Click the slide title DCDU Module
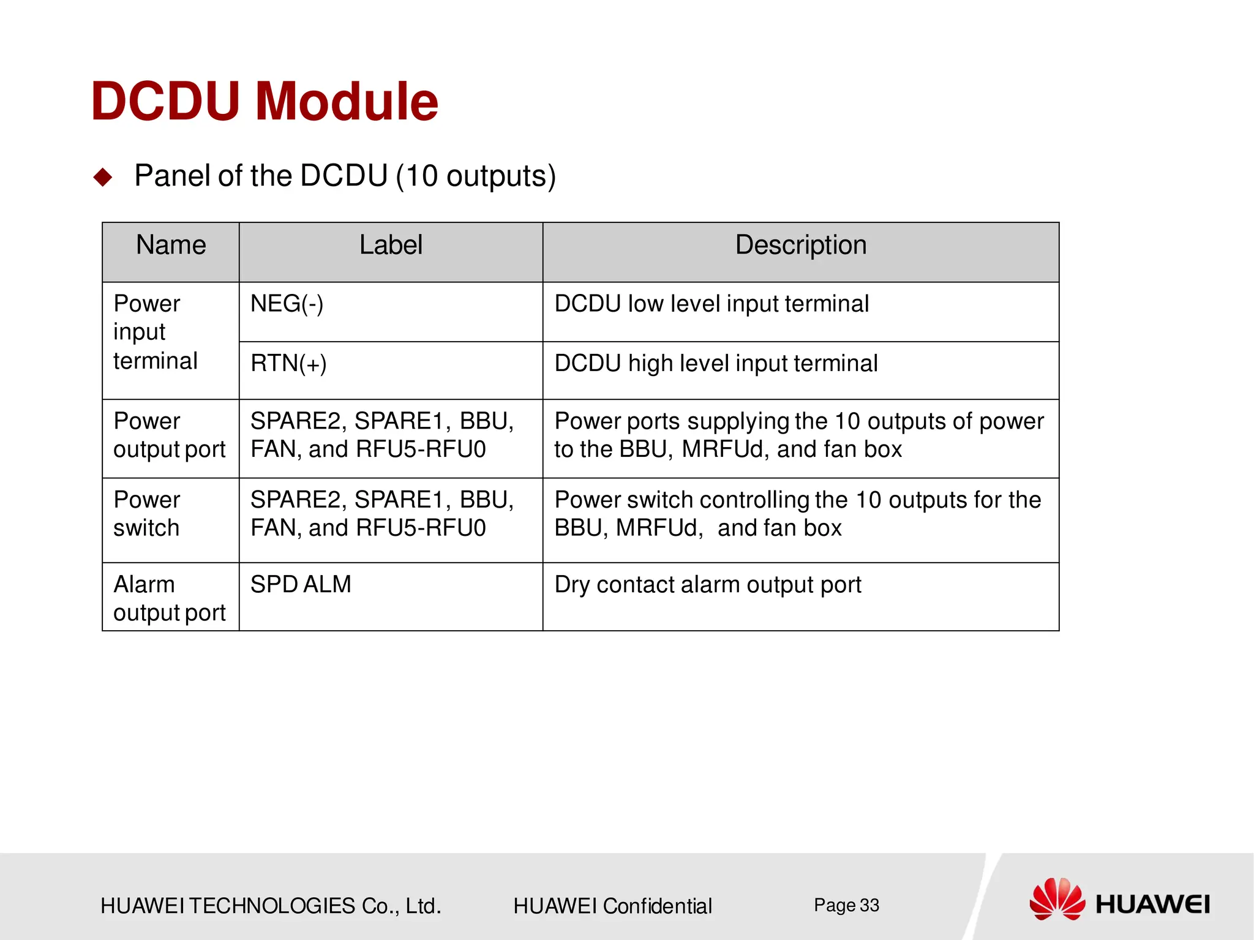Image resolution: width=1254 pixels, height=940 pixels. [x=265, y=102]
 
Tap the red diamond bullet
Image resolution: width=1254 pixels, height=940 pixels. [x=103, y=178]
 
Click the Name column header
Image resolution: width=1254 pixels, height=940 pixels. [x=171, y=246]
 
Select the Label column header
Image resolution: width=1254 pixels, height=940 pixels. [x=391, y=246]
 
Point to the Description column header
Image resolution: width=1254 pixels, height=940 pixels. [x=800, y=246]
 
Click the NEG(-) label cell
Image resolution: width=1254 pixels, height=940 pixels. [x=287, y=304]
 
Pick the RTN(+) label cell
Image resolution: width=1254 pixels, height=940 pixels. [x=288, y=364]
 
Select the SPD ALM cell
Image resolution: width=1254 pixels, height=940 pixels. [x=301, y=585]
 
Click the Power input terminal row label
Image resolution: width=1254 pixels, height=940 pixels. [x=156, y=333]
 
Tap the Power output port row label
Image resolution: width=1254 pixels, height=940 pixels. [x=170, y=435]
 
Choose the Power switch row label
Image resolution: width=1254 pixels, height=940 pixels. [x=147, y=514]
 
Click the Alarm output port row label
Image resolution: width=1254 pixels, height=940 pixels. [x=170, y=599]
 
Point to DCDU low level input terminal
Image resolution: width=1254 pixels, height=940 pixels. [x=711, y=304]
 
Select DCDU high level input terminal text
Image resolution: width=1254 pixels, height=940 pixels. [x=716, y=364]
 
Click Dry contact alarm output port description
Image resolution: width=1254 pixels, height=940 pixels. [x=708, y=585]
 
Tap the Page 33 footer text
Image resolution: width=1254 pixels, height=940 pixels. [x=846, y=905]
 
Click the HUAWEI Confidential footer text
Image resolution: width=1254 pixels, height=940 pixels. [x=612, y=906]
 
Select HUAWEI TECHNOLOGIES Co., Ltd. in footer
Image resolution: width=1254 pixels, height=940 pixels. [x=271, y=906]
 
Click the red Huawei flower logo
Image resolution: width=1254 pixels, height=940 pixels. [x=1057, y=899]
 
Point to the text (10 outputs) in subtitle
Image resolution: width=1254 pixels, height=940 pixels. [x=476, y=176]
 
